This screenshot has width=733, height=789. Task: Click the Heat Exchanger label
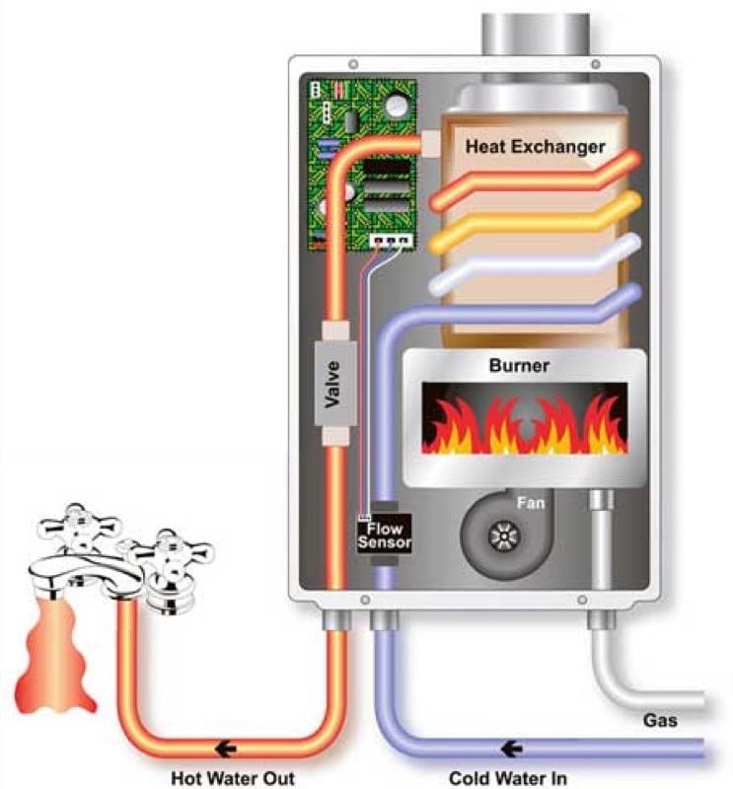point(535,148)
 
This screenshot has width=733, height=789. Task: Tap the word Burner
point(519,366)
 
